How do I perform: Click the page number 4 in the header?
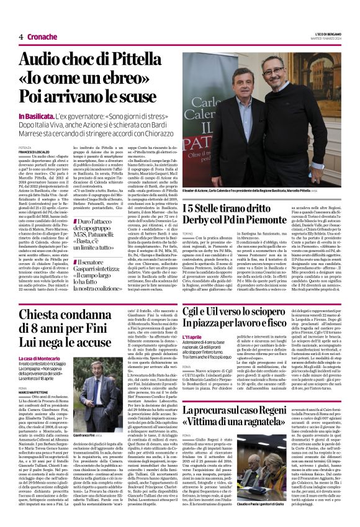point(21,38)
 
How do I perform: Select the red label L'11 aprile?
point(192,353)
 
